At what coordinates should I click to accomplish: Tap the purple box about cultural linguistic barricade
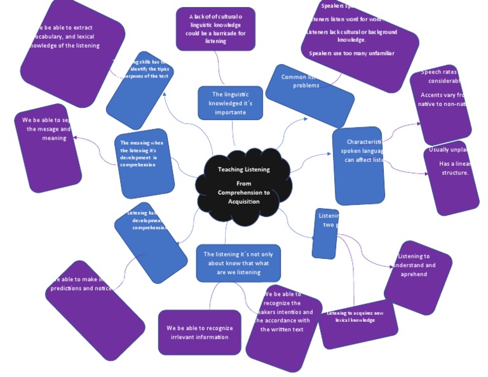pyautogui.click(x=215, y=29)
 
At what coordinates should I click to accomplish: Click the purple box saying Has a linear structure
pyautogui.click(x=451, y=178)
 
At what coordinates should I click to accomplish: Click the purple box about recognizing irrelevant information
pyautogui.click(x=200, y=332)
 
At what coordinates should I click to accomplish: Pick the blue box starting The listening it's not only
pyautogui.click(x=238, y=263)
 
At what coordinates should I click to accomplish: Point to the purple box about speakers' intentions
pyautogui.click(x=283, y=327)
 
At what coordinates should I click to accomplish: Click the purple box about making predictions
pyautogui.click(x=95, y=310)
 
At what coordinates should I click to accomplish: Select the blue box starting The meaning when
pyautogui.click(x=145, y=164)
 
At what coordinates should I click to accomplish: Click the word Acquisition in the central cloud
pyautogui.click(x=243, y=202)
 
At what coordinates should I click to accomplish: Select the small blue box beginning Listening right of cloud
pyautogui.click(x=325, y=234)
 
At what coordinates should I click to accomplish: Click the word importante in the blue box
pyautogui.click(x=229, y=112)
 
